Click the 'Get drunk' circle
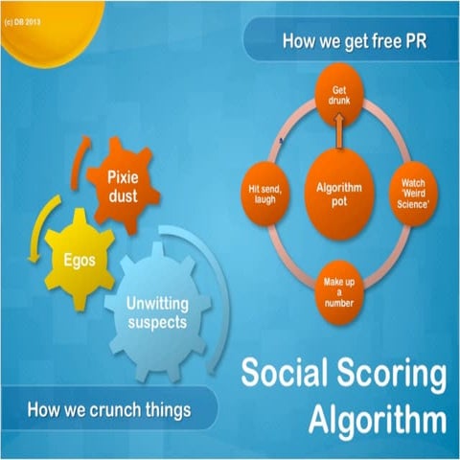(x=339, y=97)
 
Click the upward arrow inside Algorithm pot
(x=337, y=134)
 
